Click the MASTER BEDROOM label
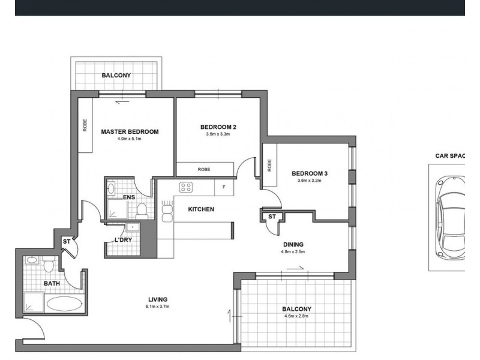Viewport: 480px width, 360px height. pyautogui.click(x=130, y=131)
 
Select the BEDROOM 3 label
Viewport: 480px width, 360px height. pyautogui.click(x=309, y=174)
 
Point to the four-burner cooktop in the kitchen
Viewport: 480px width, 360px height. pyautogui.click(x=186, y=187)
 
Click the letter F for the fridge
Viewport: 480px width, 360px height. pyautogui.click(x=224, y=187)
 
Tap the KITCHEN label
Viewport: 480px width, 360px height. pyautogui.click(x=201, y=209)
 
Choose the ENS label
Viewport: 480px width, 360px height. pyautogui.click(x=129, y=197)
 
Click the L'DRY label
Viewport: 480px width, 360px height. pyautogui.click(x=123, y=240)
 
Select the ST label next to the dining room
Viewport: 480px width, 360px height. pyautogui.click(x=272, y=217)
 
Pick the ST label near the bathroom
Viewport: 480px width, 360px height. pyautogui.click(x=67, y=242)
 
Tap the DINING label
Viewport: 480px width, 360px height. pyautogui.click(x=293, y=244)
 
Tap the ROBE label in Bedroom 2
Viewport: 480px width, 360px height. pyautogui.click(x=204, y=170)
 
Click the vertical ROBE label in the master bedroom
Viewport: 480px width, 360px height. pyautogui.click(x=85, y=124)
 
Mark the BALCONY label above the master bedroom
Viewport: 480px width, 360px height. pyautogui.click(x=116, y=76)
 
